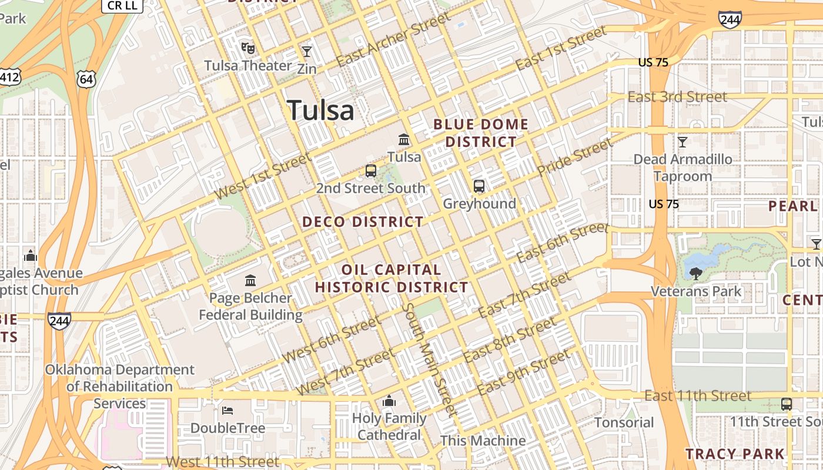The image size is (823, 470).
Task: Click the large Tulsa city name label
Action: tap(321, 110)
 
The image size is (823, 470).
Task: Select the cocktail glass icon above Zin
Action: tap(306, 52)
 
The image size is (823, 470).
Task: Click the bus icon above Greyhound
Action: tap(479, 186)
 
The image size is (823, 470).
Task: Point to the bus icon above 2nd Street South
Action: tap(371, 171)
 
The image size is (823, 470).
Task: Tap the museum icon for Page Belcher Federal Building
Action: tap(250, 280)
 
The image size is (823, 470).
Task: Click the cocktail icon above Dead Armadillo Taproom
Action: tap(682, 142)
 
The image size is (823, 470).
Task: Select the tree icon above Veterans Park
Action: tap(695, 273)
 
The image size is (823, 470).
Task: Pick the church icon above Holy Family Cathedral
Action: tap(389, 401)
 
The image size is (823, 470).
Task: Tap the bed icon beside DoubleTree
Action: tap(228, 410)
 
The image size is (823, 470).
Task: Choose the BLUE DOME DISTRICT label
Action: tap(480, 133)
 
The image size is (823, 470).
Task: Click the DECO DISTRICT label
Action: tap(363, 222)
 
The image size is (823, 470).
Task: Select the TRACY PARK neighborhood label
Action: tap(735, 454)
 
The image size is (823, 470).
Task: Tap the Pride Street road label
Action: tap(576, 157)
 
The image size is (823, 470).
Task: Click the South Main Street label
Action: tap(430, 360)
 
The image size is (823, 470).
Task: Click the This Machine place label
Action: tap(483, 441)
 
